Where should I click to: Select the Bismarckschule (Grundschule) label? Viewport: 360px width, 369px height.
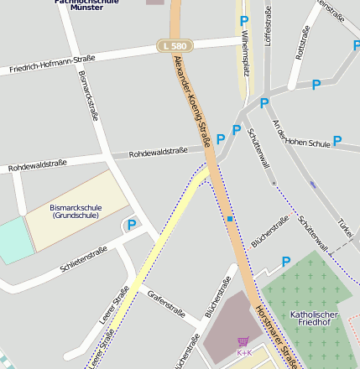point(76,210)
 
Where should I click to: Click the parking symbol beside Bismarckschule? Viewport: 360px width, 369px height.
point(132,224)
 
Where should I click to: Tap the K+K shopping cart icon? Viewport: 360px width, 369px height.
point(243,341)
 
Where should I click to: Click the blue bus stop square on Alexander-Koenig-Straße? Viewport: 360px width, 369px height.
point(229,219)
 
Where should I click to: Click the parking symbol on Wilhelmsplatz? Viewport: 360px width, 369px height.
point(244,20)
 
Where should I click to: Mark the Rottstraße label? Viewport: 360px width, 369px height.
point(303,43)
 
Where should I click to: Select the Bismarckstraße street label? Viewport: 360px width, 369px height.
point(88,93)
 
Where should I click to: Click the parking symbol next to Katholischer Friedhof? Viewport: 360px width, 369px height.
point(286,262)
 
